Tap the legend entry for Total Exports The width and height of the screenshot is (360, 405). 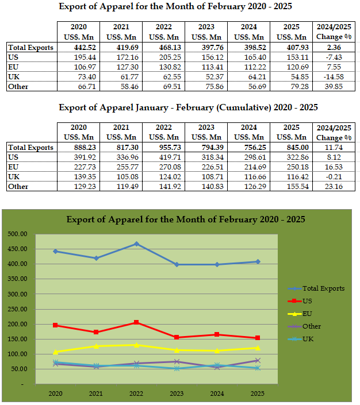(x=323, y=288)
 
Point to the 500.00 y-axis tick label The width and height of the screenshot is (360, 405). (x=18, y=234)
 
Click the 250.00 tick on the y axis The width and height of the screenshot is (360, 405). (x=18, y=309)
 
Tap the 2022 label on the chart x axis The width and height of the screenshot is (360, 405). (x=136, y=395)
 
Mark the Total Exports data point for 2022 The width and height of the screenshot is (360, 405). (x=136, y=244)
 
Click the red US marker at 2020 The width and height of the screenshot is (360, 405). (x=56, y=325)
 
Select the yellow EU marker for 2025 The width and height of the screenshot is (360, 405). (x=258, y=348)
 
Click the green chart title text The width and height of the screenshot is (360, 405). (x=185, y=219)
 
